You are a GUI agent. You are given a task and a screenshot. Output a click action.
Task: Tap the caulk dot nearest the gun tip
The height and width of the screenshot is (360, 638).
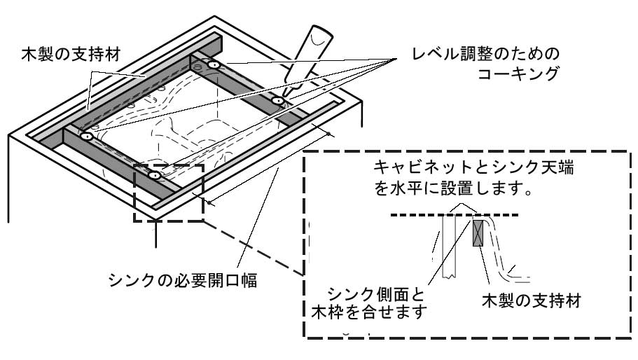pos(278,101)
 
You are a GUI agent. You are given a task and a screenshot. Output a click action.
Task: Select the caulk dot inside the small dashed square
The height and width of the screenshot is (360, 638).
pos(154,175)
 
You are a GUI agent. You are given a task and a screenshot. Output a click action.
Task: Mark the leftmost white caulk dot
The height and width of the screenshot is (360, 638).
pos(86,137)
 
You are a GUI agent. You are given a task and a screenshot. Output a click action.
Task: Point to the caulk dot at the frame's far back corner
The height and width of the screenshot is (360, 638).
pos(214,65)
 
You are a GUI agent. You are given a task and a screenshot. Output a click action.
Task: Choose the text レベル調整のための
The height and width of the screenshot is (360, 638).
pos(487,54)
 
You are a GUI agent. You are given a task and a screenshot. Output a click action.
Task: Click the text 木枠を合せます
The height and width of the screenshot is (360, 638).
pos(367,311)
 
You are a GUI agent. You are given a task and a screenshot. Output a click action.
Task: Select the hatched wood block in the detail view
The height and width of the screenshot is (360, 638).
pos(479,233)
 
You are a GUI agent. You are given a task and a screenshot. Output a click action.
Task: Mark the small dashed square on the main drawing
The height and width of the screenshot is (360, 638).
pos(168,193)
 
